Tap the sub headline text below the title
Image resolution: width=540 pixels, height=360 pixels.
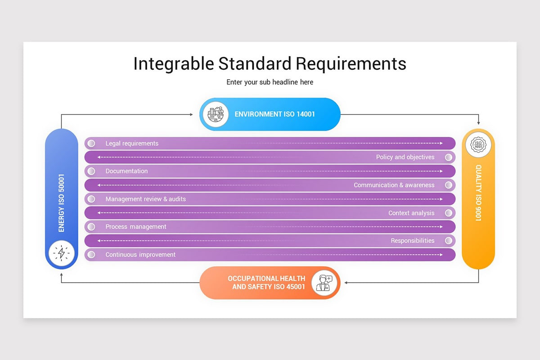pos(270,82)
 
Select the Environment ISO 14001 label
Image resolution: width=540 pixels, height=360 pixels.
pos(274,114)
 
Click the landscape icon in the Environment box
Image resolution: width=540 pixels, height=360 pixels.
pos(216,114)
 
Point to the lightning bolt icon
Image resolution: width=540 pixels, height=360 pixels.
pos(62,253)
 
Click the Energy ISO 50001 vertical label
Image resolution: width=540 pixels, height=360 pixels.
pos(62,203)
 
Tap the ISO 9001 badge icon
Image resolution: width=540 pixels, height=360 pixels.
pos(478,144)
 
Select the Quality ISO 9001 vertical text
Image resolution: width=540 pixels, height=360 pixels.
pos(478,193)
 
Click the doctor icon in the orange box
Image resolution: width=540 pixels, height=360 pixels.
pos(324,283)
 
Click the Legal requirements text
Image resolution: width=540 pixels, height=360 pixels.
pos(132,144)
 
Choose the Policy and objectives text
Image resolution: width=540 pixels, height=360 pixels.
pos(405,157)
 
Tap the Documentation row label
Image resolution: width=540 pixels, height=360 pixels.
pos(126,171)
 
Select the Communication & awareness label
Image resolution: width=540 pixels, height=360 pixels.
pos(394,185)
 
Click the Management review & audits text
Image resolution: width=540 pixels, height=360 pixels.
pos(145,199)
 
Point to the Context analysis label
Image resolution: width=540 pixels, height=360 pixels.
pos(411,213)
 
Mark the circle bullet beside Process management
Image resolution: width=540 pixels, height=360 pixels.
pos(91,227)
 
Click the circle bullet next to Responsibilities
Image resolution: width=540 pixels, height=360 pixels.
pos(448,241)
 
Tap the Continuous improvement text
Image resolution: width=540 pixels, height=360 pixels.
pos(140,255)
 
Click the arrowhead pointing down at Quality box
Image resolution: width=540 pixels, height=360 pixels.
pos(478,122)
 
